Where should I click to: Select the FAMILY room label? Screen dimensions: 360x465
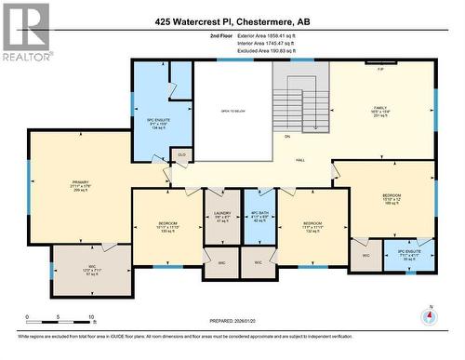click(379, 108)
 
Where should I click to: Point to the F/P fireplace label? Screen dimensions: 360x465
click(380, 70)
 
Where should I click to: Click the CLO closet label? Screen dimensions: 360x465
click(181, 154)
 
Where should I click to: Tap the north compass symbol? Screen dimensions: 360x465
click(429, 316)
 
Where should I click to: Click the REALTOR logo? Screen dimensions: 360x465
click(25, 32)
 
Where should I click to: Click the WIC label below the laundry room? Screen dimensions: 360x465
click(221, 263)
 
